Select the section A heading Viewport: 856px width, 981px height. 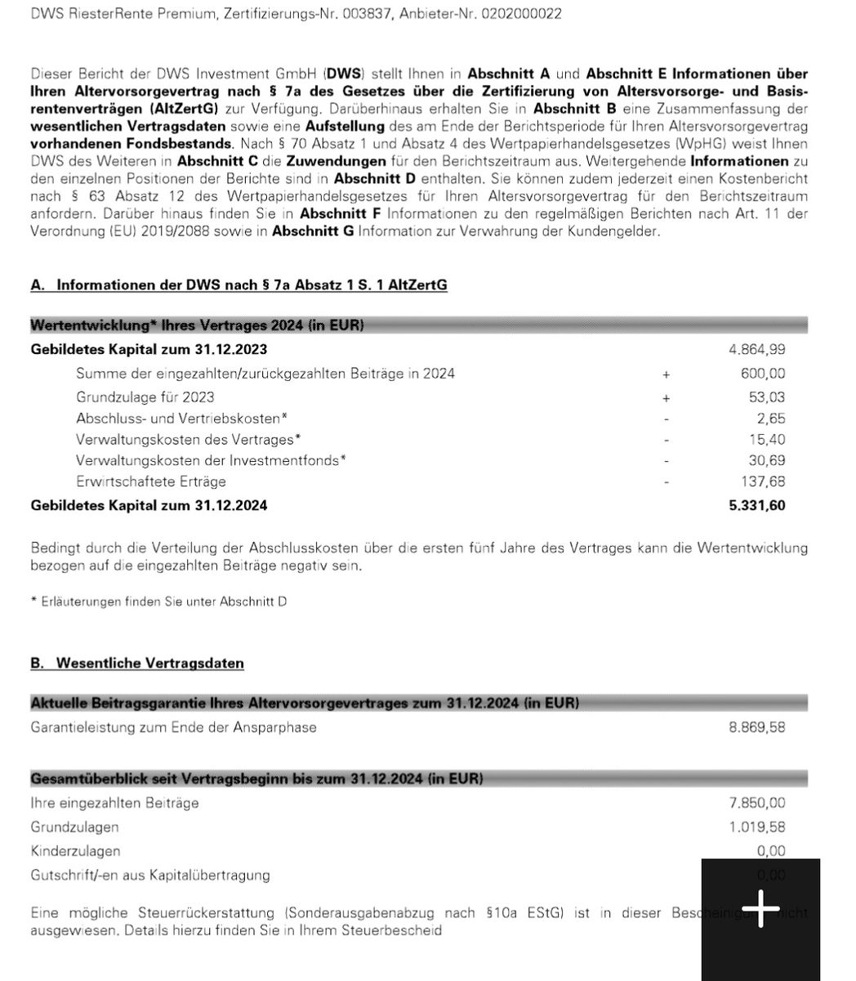tap(239, 284)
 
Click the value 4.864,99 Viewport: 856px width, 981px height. tap(757, 350)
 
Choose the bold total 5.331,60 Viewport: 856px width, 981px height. tap(757, 505)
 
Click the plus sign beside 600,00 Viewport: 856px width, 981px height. tap(667, 374)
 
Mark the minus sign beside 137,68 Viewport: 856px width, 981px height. tap(667, 482)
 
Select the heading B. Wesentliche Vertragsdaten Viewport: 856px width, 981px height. tap(137, 663)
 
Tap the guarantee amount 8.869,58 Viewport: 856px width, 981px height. tap(757, 727)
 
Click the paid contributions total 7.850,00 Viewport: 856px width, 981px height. tap(757, 803)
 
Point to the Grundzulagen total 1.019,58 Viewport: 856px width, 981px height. tap(757, 827)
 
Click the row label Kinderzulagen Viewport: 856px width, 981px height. tap(75, 851)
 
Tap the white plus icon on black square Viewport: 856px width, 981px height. tap(760, 910)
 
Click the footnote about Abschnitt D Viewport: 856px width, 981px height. tap(158, 602)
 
